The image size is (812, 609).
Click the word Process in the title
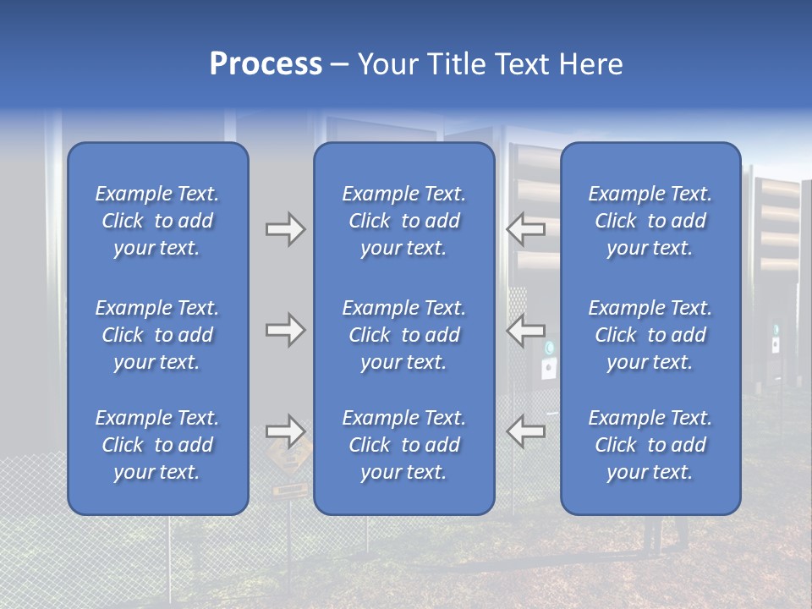[266, 64]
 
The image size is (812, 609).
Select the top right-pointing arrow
[285, 229]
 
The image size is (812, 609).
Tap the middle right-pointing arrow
[285, 330]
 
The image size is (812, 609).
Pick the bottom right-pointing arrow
[285, 431]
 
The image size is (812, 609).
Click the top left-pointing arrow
[525, 228]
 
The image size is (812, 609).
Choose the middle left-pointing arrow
[525, 329]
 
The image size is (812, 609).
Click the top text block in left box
[157, 221]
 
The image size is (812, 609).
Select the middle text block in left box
[157, 335]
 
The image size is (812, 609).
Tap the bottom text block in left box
[157, 445]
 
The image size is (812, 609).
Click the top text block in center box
[404, 221]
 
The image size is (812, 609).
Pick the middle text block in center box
[404, 335]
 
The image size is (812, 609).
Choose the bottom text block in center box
[404, 445]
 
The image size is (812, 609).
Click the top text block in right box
[650, 221]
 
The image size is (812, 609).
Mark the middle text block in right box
[650, 335]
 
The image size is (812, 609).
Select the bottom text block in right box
[650, 445]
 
